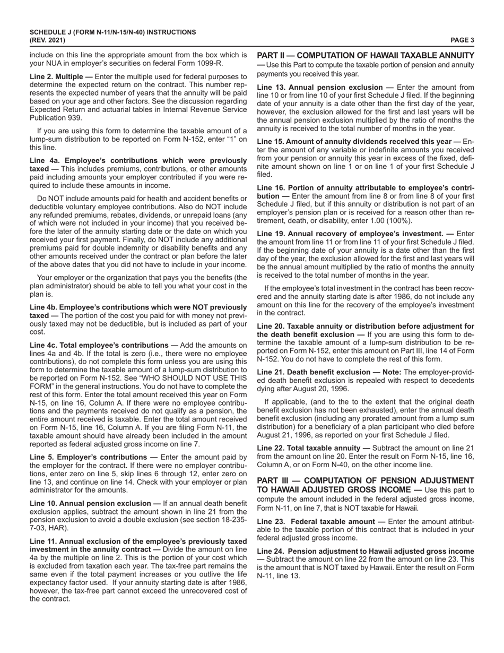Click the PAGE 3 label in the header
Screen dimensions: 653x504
point(462,40)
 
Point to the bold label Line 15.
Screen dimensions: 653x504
point(272,141)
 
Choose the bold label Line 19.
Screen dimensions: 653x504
point(272,234)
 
